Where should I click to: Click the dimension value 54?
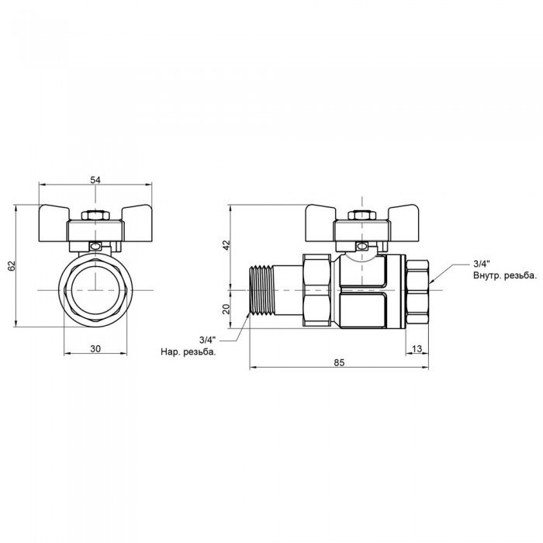click(95, 180)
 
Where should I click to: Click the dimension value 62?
click(12, 266)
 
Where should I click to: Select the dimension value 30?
click(95, 349)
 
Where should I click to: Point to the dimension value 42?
click(226, 244)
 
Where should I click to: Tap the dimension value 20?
click(226, 308)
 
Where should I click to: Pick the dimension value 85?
click(339, 362)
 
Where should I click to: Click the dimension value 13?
click(417, 349)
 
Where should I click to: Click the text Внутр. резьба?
click(504, 275)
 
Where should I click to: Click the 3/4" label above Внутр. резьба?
click(482, 265)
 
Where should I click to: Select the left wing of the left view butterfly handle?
click(56, 215)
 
